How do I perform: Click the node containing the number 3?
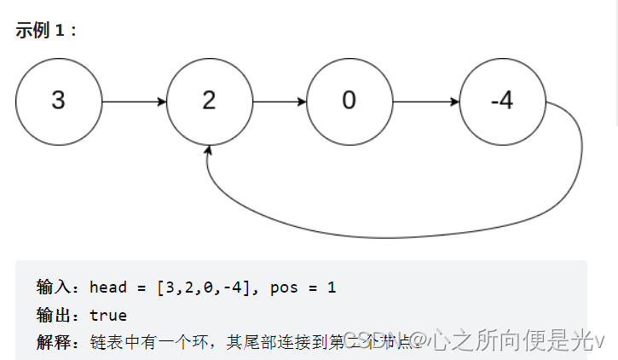58,102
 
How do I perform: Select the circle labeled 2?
210,102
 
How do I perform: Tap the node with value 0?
349,102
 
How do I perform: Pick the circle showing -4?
502,102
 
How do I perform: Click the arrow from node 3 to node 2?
134,102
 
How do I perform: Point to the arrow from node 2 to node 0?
280,102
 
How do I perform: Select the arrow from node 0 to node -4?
425,102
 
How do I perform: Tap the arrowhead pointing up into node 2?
208,150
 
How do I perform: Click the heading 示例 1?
46,30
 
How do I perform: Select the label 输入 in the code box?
54,287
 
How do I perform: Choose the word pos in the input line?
285,287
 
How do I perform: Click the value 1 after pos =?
332,287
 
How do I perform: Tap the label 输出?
54,315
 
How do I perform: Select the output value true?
107,315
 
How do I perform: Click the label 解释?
54,342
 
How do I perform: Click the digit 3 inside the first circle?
58,102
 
